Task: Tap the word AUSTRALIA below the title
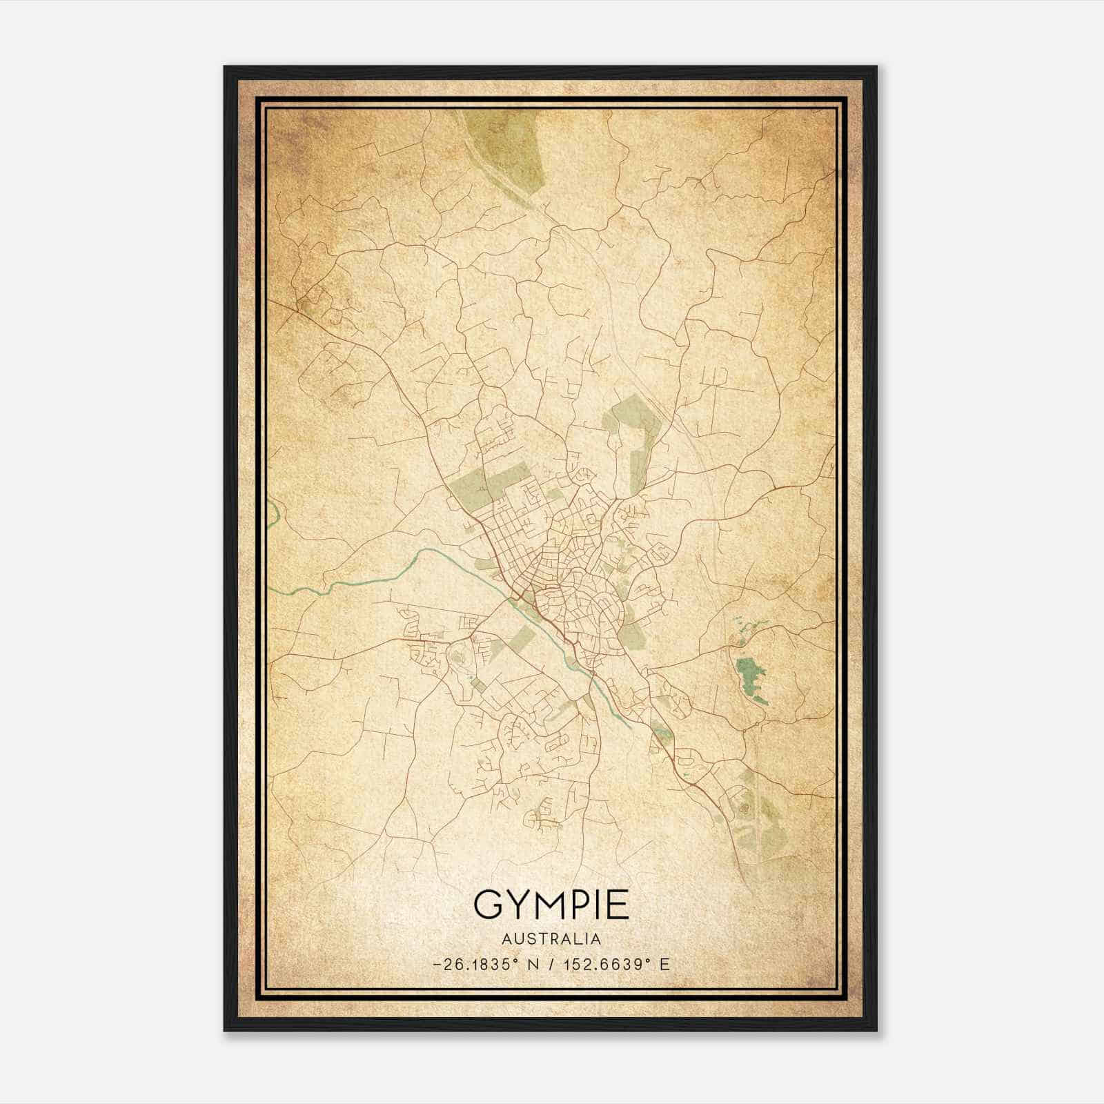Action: point(551,939)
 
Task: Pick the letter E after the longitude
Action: point(665,965)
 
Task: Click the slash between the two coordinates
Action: point(549,965)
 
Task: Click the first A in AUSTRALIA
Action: point(507,939)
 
